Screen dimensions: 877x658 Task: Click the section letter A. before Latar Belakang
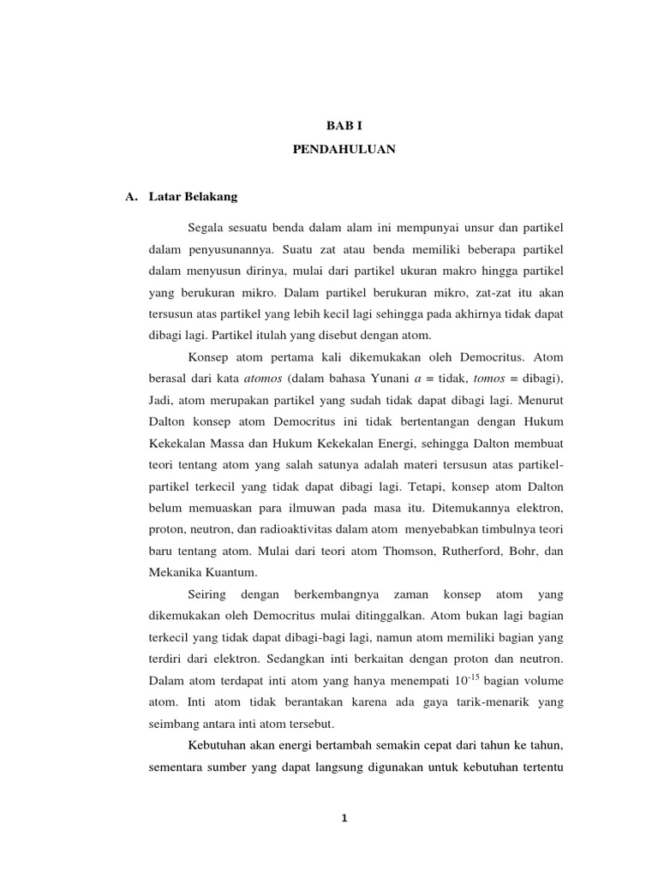click(131, 196)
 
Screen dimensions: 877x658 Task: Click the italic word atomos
click(263, 378)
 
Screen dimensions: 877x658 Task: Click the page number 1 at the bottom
click(344, 818)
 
